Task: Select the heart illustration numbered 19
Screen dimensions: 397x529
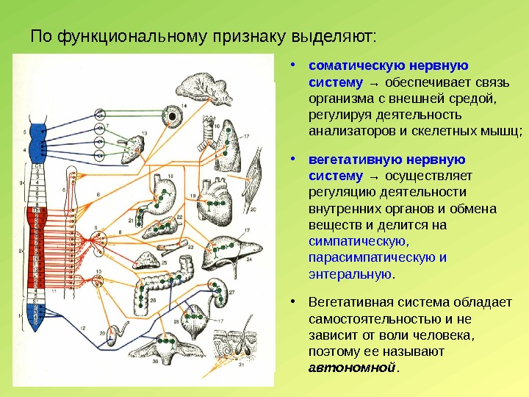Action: (214, 195)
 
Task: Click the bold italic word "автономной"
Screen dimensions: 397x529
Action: (352, 367)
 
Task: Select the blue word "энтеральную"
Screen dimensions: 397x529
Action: (350, 273)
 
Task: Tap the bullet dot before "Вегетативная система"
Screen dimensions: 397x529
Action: (293, 302)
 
